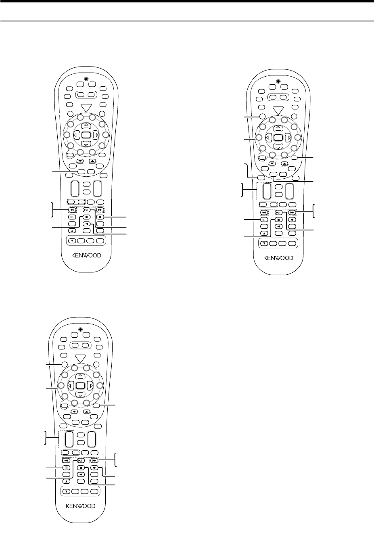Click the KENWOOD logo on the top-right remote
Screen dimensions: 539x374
pos(278,258)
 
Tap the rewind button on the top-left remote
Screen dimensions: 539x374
pos(71,210)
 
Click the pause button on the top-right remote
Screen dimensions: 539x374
pos(263,219)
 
